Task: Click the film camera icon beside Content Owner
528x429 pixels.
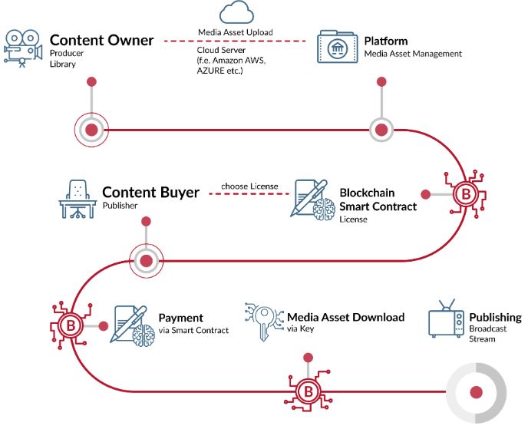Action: (23, 48)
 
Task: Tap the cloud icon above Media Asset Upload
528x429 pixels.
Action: (236, 12)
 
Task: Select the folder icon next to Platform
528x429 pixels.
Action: (338, 47)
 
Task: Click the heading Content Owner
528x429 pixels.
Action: (101, 40)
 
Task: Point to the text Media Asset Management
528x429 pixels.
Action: (413, 54)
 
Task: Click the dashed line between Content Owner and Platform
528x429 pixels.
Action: (235, 41)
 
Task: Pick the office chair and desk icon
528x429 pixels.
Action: (78, 199)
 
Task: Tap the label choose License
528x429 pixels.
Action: (249, 186)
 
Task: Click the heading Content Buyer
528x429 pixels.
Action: (150, 193)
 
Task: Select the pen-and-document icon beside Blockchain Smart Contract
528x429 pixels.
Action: (313, 200)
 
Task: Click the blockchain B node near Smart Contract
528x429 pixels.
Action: (466, 194)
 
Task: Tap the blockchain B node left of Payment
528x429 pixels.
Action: (71, 325)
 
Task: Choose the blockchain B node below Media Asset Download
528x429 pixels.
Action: (308, 391)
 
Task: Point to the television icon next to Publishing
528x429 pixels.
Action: (446, 318)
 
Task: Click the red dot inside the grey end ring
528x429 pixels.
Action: (476, 392)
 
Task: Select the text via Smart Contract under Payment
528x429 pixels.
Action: (193, 330)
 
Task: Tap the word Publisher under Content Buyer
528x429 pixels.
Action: (120, 206)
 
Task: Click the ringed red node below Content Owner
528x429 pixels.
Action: (91, 130)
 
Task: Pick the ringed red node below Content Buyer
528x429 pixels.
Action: (146, 261)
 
